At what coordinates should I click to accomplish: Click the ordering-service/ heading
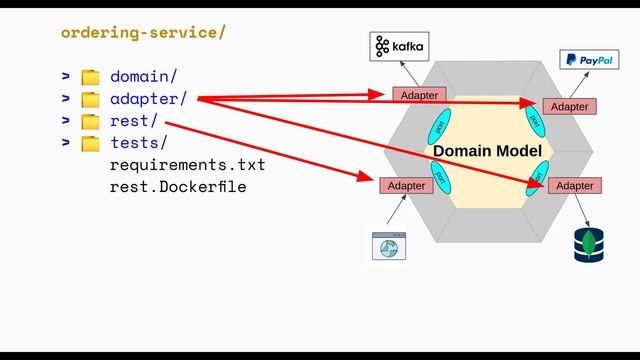[143, 32]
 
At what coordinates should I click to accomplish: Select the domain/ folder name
[143, 76]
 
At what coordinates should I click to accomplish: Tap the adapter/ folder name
[147, 99]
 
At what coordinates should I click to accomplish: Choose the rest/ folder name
[133, 121]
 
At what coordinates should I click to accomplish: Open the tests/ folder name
[138, 143]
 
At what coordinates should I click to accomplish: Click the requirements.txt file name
[187, 164]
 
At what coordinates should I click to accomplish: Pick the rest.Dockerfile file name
[177, 187]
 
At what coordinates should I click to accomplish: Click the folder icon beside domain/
[91, 77]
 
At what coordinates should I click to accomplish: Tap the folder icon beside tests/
[91, 143]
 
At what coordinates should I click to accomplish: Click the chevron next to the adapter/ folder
[65, 99]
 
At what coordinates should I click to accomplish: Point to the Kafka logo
[398, 46]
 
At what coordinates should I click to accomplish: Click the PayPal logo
[587, 61]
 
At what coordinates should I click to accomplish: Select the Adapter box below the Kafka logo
[419, 95]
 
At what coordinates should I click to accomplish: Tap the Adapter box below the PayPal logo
[569, 106]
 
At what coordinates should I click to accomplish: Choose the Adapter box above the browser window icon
[406, 186]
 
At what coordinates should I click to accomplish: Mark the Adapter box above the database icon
[575, 186]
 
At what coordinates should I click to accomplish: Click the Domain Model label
[487, 151]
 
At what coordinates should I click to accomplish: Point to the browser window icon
[387, 246]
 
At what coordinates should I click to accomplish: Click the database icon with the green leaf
[589, 245]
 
